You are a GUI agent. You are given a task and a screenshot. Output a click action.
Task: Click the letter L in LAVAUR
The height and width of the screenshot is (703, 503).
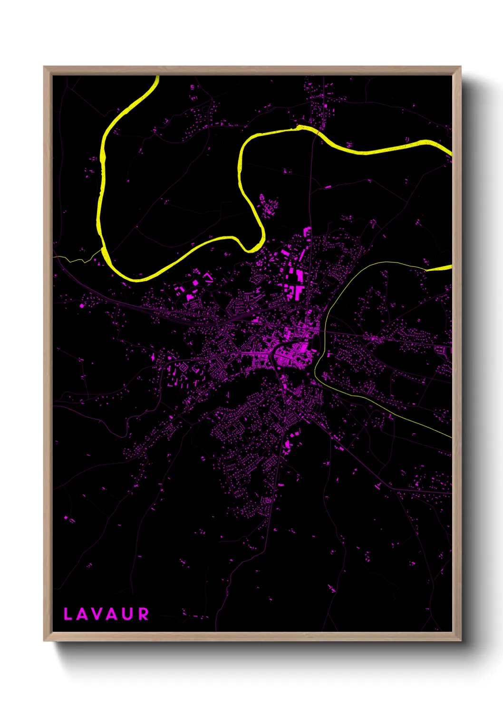point(68,614)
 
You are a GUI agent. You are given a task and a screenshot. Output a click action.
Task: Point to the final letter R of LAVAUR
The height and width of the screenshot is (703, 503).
point(143,614)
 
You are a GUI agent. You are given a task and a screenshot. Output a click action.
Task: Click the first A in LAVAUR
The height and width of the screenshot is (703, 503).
point(81,614)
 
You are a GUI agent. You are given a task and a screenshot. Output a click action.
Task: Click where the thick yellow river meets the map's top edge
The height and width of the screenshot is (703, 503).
point(156,77)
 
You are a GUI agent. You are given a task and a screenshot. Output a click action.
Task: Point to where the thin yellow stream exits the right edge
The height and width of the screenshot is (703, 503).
point(450,437)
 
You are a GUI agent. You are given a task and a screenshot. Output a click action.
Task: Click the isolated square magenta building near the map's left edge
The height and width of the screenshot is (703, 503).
point(81,305)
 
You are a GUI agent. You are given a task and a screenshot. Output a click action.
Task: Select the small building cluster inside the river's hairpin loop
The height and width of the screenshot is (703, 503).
point(268,206)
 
